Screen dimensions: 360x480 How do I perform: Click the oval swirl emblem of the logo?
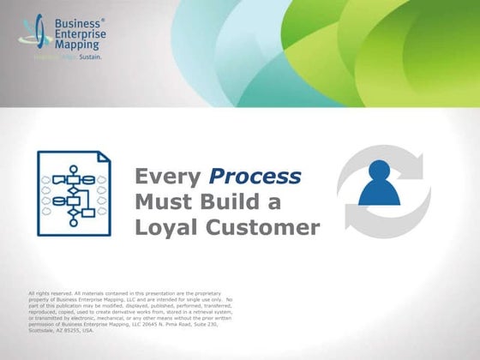click(x=33, y=34)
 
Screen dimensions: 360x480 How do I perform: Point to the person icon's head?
click(x=379, y=169)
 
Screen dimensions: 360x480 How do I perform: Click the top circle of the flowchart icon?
click(x=74, y=169)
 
